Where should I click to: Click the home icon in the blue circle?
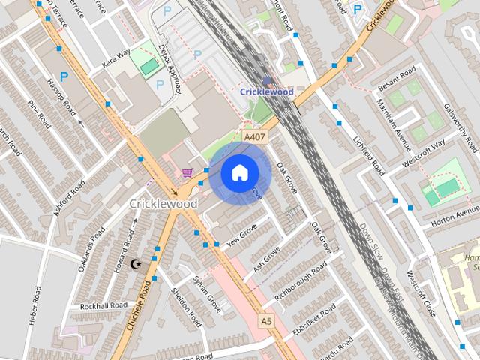238,173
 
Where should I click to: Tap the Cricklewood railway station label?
268,91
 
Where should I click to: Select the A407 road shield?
253,138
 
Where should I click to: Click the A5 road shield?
265,320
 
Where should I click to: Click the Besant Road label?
397,76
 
